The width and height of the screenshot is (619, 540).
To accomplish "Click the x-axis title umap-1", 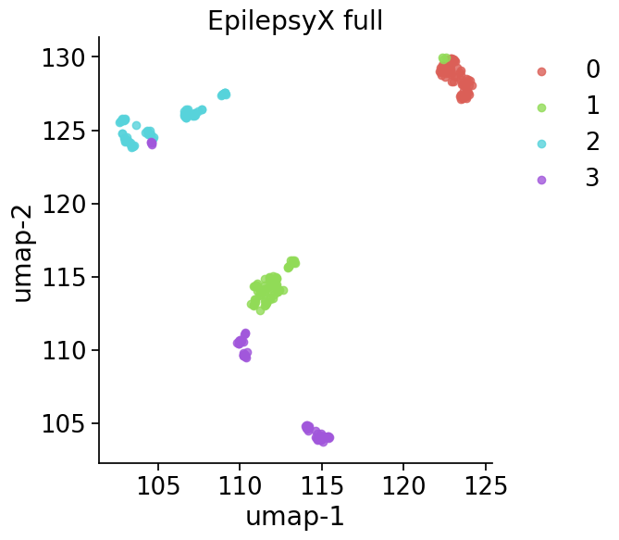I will [294, 516].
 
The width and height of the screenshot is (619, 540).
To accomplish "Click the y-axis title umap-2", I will [22, 253].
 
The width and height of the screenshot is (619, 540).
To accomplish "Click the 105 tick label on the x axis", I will [158, 485].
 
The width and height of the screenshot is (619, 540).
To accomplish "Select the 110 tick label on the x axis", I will [240, 485].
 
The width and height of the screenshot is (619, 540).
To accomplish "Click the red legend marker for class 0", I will [541, 71].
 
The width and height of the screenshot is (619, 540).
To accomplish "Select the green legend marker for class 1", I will [541, 107].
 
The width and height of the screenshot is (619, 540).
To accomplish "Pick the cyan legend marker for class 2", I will [541, 144].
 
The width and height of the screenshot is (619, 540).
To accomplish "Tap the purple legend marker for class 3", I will [541, 180].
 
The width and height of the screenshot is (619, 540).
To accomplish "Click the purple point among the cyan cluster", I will [152, 143].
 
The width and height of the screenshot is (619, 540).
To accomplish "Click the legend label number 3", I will [592, 180].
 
